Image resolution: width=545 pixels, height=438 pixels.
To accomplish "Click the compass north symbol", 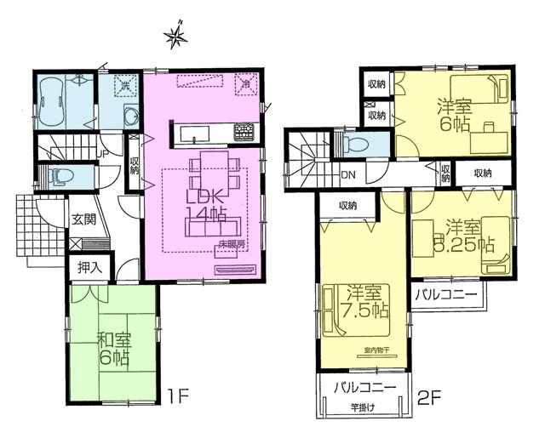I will pyautogui.click(x=175, y=36).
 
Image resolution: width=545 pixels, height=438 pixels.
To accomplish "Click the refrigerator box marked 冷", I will pyautogui.click(x=245, y=84).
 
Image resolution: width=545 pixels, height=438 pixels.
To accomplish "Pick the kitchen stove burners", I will pyautogui.click(x=245, y=132).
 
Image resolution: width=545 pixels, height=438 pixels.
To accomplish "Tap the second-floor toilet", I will pyautogui.click(x=356, y=145).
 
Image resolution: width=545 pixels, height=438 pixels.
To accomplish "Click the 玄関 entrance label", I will pyautogui.click(x=83, y=217).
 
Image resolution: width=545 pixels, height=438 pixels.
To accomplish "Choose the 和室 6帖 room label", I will pyautogui.click(x=111, y=350).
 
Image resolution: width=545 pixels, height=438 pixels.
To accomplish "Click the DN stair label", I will pyautogui.click(x=349, y=175).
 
